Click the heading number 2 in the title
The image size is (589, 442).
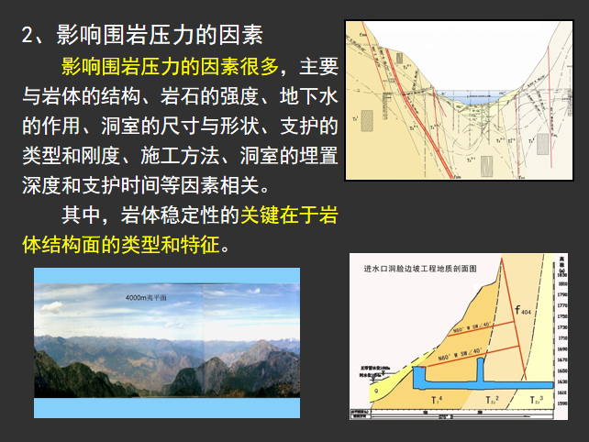click(29, 36)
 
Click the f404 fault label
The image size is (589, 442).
click(524, 313)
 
